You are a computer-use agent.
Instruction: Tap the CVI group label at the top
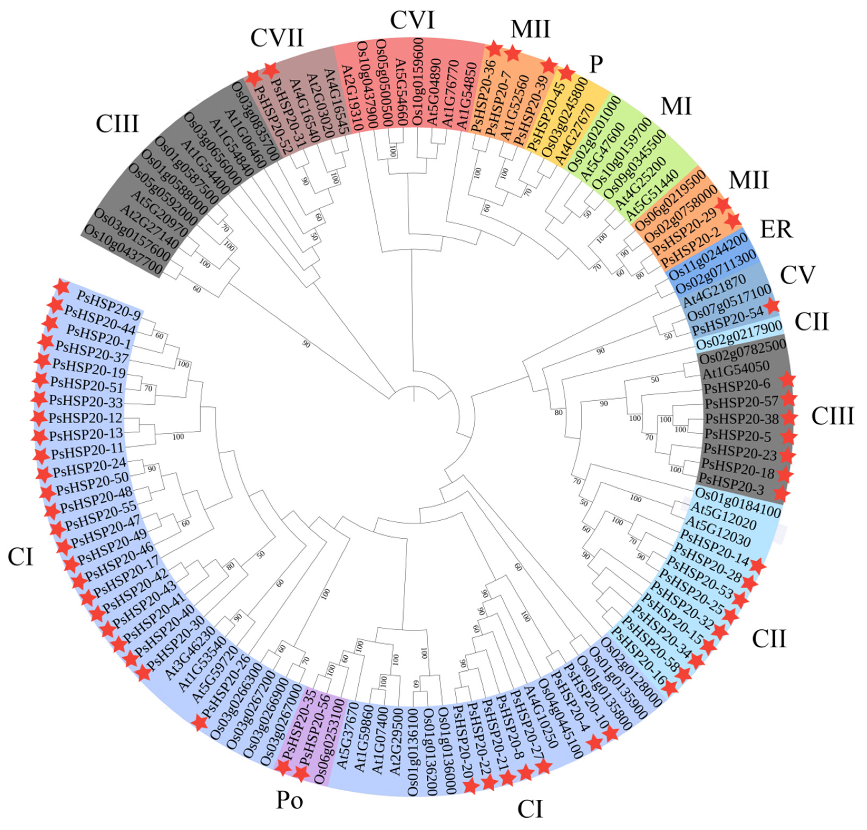[412, 20]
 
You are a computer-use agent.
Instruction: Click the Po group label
[290, 799]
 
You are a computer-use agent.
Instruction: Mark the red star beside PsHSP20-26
[200, 723]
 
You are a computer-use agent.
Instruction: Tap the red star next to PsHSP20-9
[61, 287]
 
